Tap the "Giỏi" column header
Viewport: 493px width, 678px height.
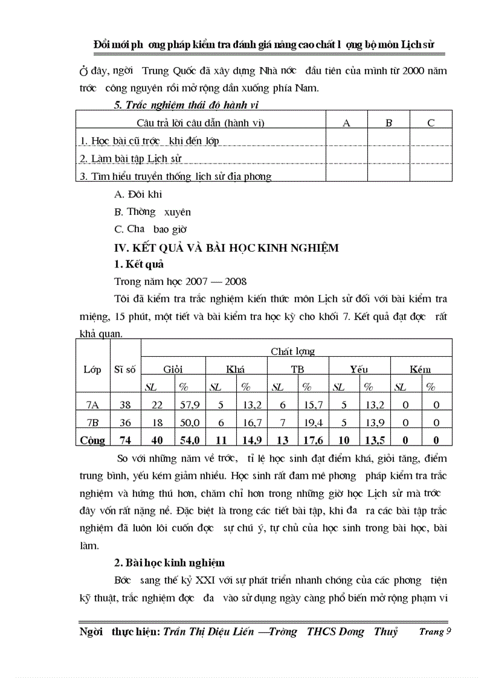tap(173, 369)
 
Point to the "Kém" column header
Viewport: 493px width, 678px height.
tap(420, 369)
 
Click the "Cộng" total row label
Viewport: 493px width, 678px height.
tap(92, 441)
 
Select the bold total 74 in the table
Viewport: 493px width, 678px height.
tap(125, 441)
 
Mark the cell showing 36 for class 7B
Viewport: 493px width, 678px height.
tap(125, 423)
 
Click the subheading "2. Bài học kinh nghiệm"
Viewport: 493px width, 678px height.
tap(170, 563)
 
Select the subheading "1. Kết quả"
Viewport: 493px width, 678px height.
tap(138, 264)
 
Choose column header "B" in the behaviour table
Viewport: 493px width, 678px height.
tap(389, 123)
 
